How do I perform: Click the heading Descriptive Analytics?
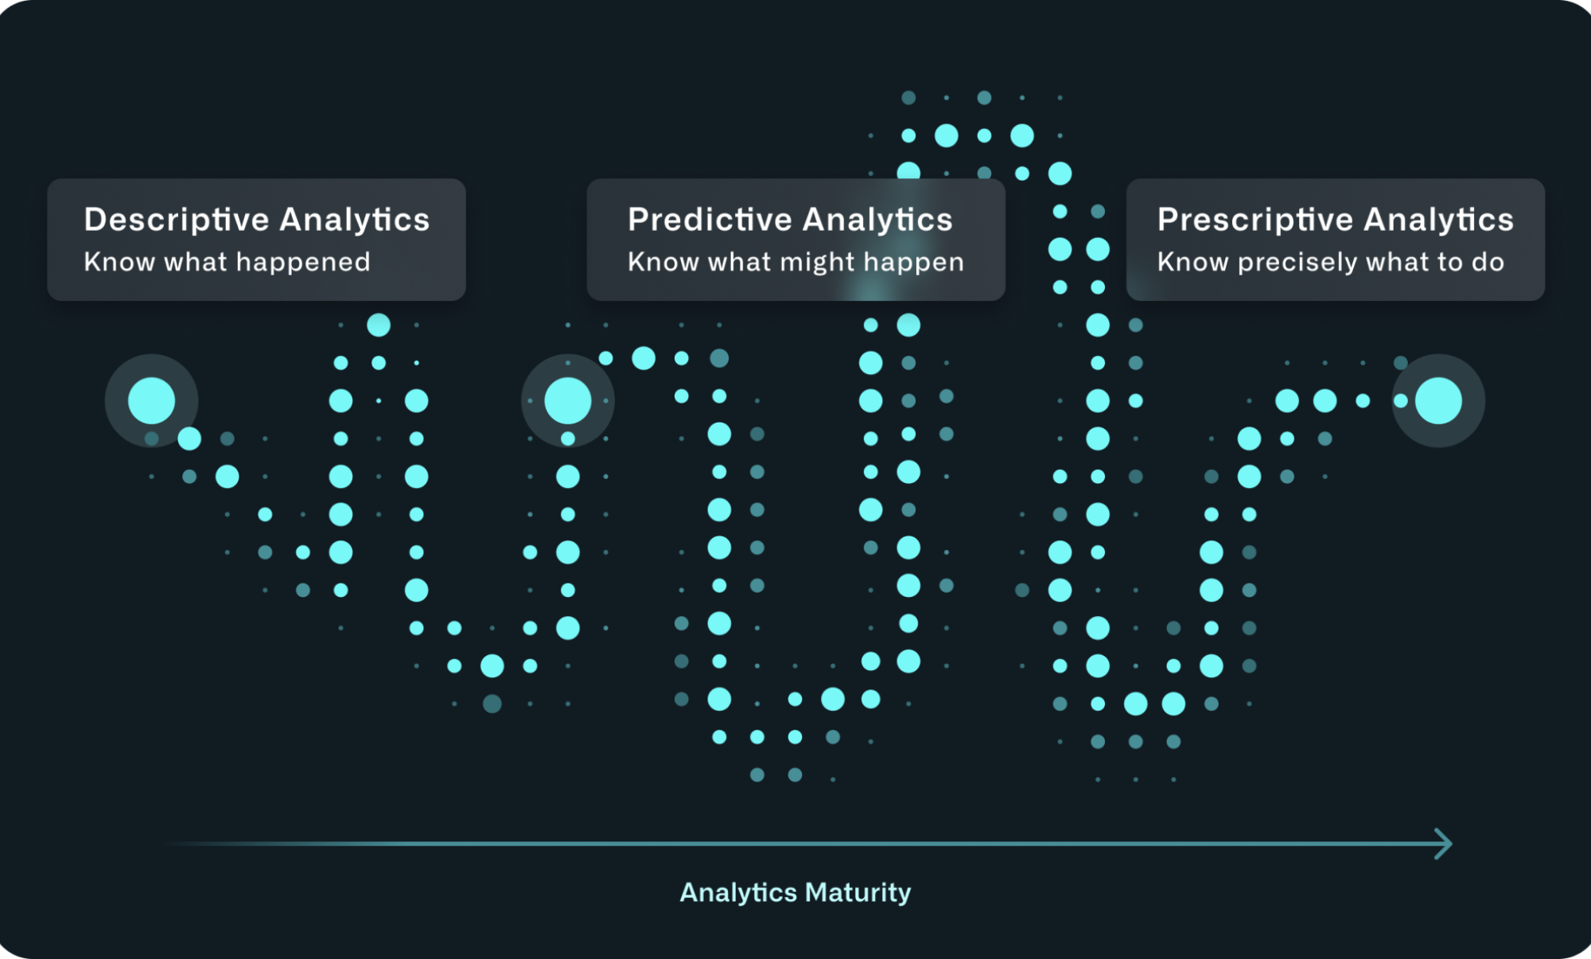click(x=256, y=220)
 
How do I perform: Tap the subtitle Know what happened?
click(x=227, y=262)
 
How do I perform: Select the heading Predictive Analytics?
click(x=790, y=220)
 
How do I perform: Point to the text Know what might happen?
click(x=795, y=263)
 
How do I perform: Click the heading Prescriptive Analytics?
click(x=1336, y=220)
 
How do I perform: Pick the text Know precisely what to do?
click(x=1331, y=263)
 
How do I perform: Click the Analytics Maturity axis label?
click(x=795, y=893)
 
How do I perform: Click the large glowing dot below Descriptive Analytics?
click(x=151, y=400)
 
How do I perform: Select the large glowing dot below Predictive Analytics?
click(x=568, y=400)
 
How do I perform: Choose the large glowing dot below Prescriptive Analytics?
click(x=1438, y=400)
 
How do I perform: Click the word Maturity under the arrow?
click(x=858, y=893)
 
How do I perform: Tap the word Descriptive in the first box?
click(x=177, y=220)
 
